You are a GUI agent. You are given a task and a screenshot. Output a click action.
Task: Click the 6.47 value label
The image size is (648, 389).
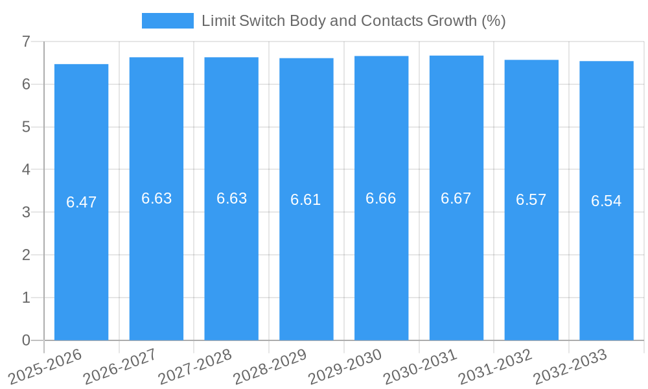point(81,202)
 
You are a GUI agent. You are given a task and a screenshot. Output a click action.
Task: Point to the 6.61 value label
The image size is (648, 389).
point(306,200)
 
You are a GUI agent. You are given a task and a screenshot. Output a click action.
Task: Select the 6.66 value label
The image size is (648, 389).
point(381,198)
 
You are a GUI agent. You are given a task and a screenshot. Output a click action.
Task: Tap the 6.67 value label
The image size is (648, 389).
point(456,198)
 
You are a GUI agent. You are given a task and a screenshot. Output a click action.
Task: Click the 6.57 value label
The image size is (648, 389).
point(531,200)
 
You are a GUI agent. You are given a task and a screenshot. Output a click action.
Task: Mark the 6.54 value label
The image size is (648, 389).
point(606,201)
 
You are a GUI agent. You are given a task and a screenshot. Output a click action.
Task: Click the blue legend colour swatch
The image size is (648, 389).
point(167,21)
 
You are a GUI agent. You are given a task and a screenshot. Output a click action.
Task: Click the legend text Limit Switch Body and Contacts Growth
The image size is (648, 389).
point(353,21)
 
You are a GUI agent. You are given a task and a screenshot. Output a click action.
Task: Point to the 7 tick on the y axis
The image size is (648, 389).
point(26,41)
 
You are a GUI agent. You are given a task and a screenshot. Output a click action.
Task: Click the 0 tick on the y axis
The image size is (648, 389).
point(26,340)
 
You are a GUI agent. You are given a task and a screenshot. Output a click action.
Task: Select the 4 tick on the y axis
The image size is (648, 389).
point(26,169)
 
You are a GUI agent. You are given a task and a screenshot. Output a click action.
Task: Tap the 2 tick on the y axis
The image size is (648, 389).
point(26,255)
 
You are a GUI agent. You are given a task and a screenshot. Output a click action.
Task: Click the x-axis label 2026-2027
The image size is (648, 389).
point(119,366)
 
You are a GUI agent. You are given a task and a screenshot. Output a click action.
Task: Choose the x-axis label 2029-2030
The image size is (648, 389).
point(344,366)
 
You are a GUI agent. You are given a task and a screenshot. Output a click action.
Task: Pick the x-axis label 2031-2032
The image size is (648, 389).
point(494,366)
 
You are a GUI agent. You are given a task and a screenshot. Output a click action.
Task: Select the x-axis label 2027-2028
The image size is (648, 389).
point(194,366)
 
